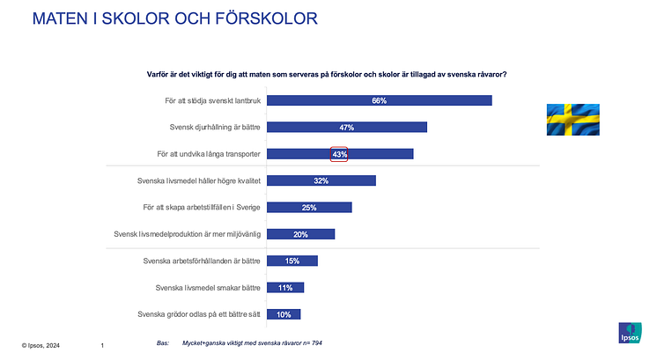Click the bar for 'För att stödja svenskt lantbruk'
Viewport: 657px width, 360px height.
tap(379, 100)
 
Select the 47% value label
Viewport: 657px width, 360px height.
tap(346, 128)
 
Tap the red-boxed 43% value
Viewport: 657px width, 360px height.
tap(339, 154)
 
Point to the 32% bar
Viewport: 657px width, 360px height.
tap(321, 181)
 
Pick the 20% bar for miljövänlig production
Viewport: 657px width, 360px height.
tap(300, 234)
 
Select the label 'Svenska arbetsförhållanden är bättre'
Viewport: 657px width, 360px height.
tap(202, 261)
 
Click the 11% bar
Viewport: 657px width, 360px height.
tap(284, 288)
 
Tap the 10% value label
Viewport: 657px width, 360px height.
tap(284, 314)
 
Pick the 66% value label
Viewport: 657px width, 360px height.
tap(380, 100)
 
